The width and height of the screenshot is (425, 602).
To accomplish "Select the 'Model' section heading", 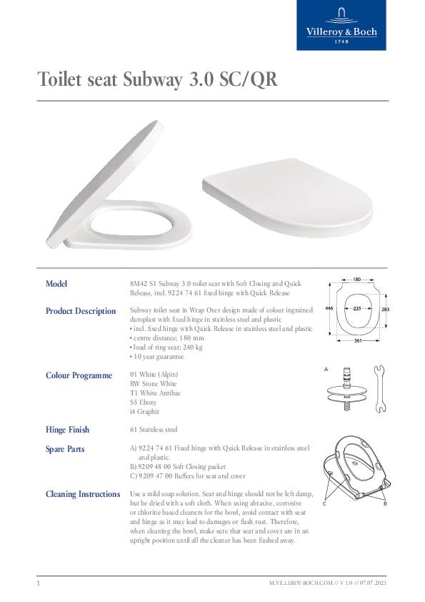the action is coord(56,284).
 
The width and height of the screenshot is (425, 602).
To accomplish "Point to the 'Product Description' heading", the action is coord(80,311).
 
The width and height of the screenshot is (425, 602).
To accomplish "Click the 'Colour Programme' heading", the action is coord(79,375).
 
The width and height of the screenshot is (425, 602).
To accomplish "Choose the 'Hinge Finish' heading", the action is coord(67,430).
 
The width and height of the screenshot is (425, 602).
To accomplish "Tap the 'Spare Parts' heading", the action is coord(65,449).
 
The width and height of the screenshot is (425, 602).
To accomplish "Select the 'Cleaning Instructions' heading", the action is coord(82,494).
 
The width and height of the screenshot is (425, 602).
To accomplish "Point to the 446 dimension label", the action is coord(329,308).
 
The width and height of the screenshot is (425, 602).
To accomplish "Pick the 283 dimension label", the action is coord(385,309).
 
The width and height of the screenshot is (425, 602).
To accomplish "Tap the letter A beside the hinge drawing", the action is coord(326,369).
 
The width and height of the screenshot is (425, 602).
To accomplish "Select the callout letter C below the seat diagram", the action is coord(324,504).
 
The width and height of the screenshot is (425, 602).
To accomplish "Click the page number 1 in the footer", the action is coord(38,584).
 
